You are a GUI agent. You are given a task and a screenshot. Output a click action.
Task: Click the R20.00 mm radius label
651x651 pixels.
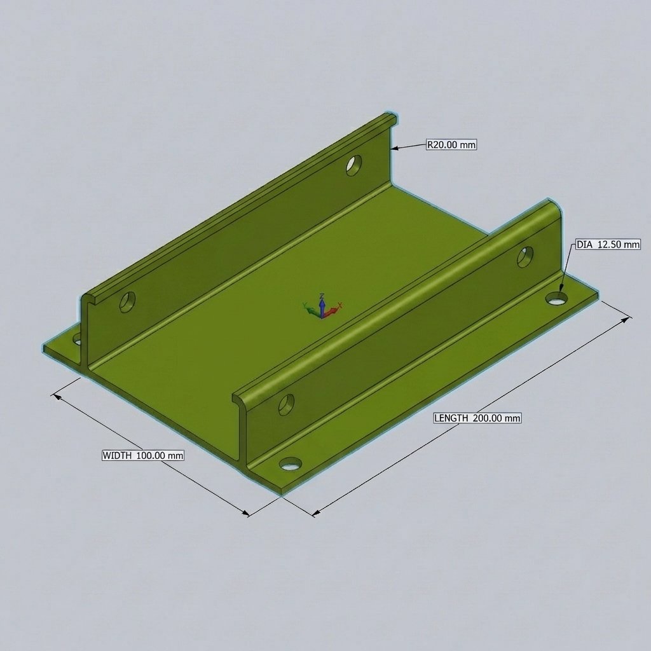451,144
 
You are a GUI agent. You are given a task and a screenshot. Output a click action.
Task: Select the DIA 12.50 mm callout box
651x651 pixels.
608,245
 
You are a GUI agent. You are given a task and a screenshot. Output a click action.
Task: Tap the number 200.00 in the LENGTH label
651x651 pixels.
487,418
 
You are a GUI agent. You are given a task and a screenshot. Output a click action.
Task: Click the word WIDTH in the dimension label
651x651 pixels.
117,455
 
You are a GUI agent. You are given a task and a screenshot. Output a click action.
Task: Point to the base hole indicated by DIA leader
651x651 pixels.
557,299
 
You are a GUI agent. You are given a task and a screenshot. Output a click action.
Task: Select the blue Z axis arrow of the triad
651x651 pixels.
321,305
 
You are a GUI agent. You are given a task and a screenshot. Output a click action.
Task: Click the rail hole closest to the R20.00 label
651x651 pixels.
353,165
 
